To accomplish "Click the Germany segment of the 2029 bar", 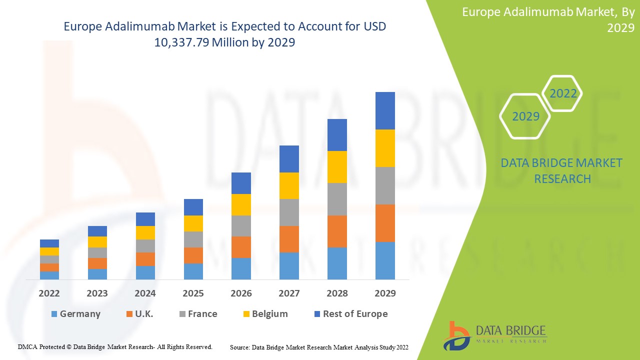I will pos(385,260).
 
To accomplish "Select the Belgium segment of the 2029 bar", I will pos(385,148).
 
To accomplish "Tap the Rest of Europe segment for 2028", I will pos(337,135).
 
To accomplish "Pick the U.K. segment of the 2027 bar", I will pos(289,239).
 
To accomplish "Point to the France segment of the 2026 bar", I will pos(241,226).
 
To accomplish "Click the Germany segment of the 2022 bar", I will pos(49,275).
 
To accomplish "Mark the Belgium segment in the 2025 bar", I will pos(193,223).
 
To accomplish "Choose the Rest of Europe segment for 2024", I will pos(145,219).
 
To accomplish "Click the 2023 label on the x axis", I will pos(97,293).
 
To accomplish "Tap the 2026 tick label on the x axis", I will pos(241,293).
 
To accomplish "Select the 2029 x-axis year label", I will pos(385,293).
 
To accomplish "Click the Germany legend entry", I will pos(75,314).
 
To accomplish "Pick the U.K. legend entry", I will pos(139,314).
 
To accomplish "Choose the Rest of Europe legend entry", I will pos(350,314).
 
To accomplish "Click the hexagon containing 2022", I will pos(563,93).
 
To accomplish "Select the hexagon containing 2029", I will pos(525,116).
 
